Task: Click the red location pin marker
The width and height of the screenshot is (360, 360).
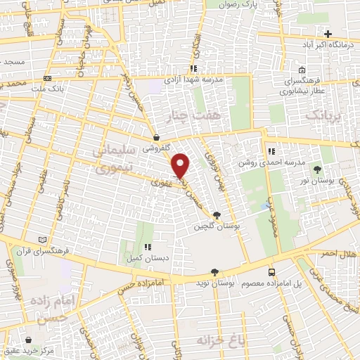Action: [x=181, y=166]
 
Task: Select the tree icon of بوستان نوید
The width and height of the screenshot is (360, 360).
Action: [x=214, y=272]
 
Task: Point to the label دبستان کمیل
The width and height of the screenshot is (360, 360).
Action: [x=147, y=258]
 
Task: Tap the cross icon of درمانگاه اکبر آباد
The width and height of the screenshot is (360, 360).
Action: [x=328, y=33]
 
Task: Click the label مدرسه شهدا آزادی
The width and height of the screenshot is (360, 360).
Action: [x=193, y=79]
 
